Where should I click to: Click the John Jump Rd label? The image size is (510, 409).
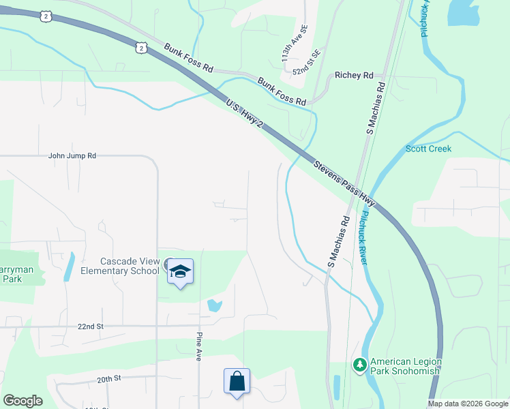pyautogui.click(x=72, y=155)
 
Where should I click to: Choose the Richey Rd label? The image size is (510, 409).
pyautogui.click(x=354, y=75)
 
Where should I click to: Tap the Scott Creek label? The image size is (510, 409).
pyautogui.click(x=428, y=149)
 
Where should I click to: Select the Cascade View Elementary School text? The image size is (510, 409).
pyautogui.click(x=130, y=266)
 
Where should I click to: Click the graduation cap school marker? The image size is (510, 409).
pyautogui.click(x=180, y=271)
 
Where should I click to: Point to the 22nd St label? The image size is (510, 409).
pyautogui.click(x=89, y=327)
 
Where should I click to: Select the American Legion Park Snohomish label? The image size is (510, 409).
pyautogui.click(x=406, y=366)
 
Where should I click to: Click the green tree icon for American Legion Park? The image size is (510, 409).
pyautogui.click(x=359, y=365)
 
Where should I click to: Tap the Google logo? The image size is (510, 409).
pyautogui.click(x=22, y=401)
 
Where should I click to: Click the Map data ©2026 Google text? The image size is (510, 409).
pyautogui.click(x=468, y=404)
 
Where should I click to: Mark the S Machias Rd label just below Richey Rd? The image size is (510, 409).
pyautogui.click(x=374, y=109)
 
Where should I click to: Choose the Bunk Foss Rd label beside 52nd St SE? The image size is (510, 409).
pyautogui.click(x=281, y=91)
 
